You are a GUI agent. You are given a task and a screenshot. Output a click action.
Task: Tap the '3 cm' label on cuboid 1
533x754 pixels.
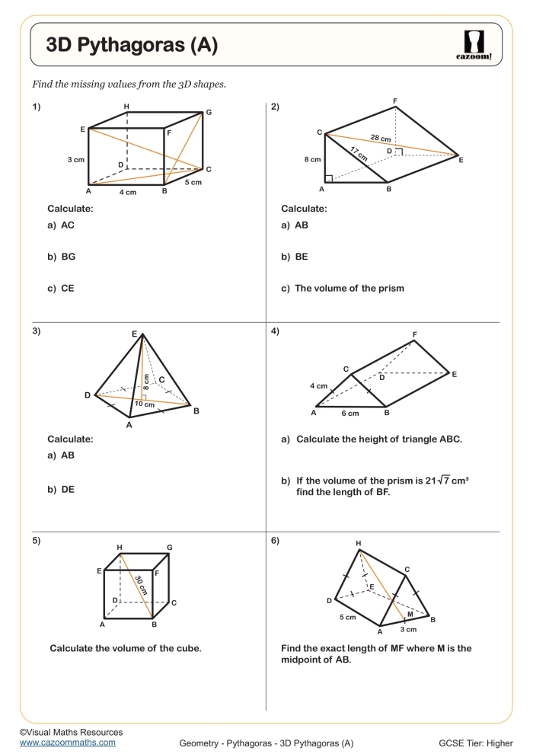[75, 159]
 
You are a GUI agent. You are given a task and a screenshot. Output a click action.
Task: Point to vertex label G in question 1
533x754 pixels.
[208, 113]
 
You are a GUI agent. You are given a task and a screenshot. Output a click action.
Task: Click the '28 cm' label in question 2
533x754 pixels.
[381, 139]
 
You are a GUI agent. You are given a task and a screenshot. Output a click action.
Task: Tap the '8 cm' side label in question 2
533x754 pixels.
[312, 160]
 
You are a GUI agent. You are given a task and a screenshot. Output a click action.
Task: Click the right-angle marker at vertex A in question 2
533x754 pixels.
[328, 179]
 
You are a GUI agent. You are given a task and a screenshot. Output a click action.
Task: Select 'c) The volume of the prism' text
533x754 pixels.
[343, 288]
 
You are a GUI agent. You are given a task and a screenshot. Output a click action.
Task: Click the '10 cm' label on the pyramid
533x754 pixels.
[144, 404]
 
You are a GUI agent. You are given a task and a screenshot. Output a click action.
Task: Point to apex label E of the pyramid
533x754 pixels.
[134, 334]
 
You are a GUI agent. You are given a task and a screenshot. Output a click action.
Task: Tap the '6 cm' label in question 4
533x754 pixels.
[349, 414]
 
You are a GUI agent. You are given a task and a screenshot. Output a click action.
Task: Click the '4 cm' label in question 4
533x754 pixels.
[318, 386]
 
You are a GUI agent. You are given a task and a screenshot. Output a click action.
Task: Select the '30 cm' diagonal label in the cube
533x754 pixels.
[140, 585]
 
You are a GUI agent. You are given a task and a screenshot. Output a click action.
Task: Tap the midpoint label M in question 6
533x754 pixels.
[410, 613]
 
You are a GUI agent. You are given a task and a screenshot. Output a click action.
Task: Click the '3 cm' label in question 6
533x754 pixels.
[408, 630]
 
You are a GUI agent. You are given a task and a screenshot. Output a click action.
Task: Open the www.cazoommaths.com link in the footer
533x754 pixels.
[68, 742]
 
